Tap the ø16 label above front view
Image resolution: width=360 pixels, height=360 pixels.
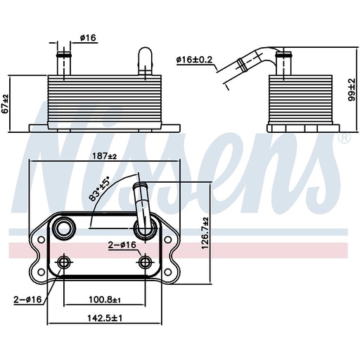point(87,39)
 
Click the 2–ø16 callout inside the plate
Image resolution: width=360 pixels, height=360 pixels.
point(122,245)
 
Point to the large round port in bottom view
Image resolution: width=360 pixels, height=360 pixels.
point(65,228)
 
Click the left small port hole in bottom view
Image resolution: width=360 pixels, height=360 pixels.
point(65,263)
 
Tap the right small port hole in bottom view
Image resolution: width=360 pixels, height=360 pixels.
point(146,263)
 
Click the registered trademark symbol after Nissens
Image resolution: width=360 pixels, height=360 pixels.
point(345,138)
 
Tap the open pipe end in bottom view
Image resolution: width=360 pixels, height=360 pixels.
point(139,188)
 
